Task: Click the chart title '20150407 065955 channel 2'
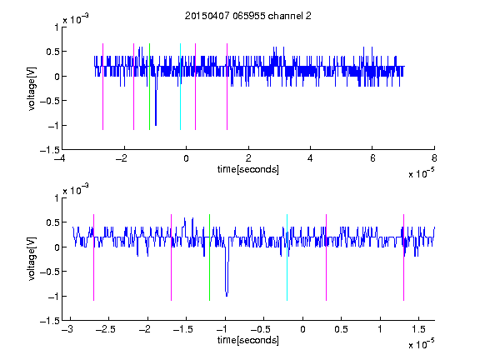point(248,16)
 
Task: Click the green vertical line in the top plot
point(149,87)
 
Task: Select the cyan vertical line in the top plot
point(180,87)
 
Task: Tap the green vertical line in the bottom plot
point(209,257)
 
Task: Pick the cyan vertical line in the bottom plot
point(287,257)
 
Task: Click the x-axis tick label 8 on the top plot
point(434,158)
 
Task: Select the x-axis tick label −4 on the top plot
point(60,158)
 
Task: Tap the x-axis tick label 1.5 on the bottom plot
point(418,329)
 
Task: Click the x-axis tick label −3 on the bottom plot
point(67,329)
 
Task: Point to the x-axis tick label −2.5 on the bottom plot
point(106,329)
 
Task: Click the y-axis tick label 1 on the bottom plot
point(57,198)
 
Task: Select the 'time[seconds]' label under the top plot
point(248,169)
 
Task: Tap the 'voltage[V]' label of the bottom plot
point(32,258)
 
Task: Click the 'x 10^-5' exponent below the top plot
point(421,173)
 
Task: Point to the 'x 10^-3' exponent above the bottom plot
point(76,190)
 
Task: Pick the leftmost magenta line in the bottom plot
point(93,257)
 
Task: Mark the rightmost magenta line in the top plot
point(227,87)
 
